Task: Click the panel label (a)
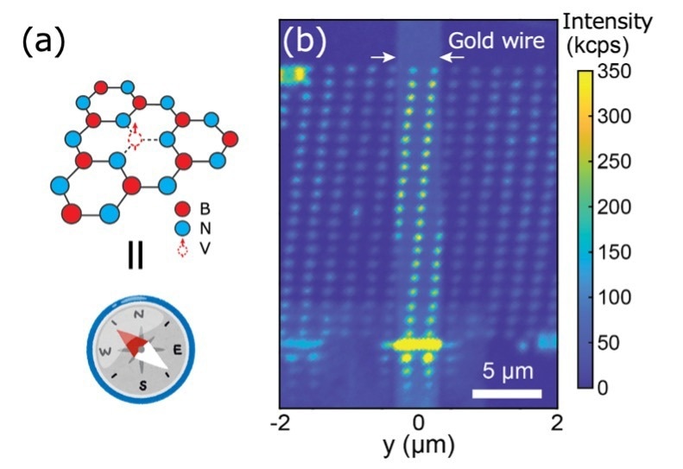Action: click(43, 42)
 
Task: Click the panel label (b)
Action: click(305, 41)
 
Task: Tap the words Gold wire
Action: click(496, 41)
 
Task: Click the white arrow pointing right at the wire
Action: click(383, 57)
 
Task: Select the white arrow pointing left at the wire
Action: click(452, 57)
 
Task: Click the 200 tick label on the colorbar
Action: click(613, 206)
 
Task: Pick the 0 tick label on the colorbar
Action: click(603, 388)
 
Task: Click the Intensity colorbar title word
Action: click(608, 22)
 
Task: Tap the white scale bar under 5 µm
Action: click(507, 394)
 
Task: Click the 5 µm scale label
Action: click(508, 371)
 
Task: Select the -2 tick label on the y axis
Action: click(280, 423)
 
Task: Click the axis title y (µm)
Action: click(418, 446)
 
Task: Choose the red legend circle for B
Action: click(182, 209)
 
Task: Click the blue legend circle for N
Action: click(182, 228)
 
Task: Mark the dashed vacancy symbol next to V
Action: click(183, 248)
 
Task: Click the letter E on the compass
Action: click(177, 350)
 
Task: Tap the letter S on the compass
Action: click(142, 384)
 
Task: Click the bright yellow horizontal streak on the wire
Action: click(417, 345)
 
